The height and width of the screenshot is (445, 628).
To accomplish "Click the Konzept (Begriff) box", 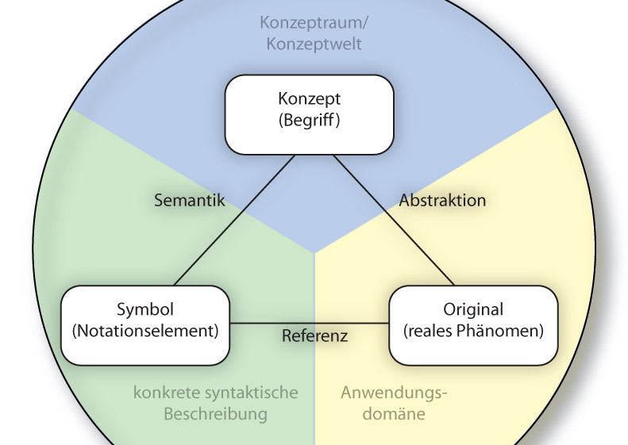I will point(309,113).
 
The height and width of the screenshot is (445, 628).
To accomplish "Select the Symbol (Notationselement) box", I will point(145,325).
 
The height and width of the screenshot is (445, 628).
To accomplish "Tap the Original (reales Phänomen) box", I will point(472,325).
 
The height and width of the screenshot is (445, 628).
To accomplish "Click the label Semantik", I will point(190,201).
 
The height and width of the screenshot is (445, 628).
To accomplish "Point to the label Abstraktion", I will point(442,201).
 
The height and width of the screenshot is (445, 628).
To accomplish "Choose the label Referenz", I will point(314,336).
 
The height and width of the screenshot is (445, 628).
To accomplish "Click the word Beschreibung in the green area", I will point(215,413).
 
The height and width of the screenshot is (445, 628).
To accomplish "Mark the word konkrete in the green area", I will point(161,392).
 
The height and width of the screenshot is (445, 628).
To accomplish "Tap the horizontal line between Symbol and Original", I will point(254,324).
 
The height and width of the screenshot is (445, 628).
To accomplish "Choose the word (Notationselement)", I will point(145,332).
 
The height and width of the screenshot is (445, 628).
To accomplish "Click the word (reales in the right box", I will point(430,332).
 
